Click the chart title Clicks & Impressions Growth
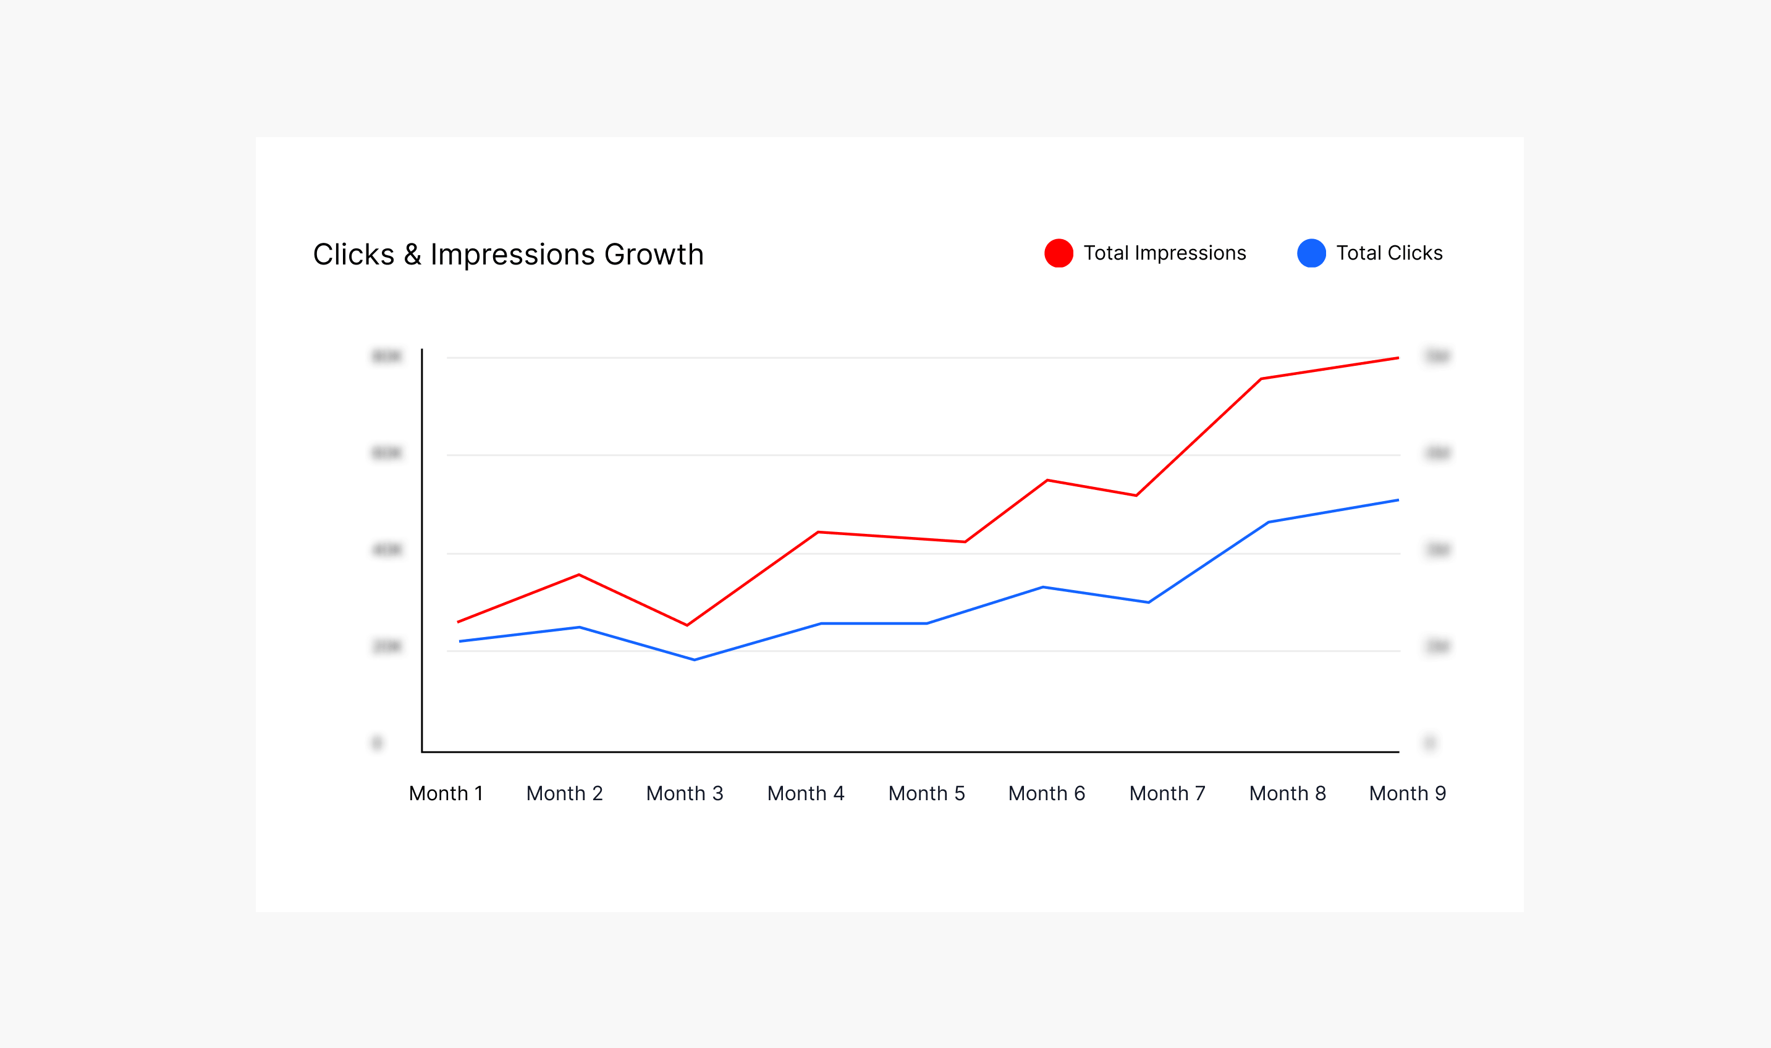point(508,254)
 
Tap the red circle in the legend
point(1059,253)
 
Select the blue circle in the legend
point(1311,253)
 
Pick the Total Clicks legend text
point(1389,253)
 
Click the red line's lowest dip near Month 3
point(687,625)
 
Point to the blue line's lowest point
point(695,659)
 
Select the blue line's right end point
point(1397,501)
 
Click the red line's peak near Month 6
point(1047,480)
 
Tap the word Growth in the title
point(654,254)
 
